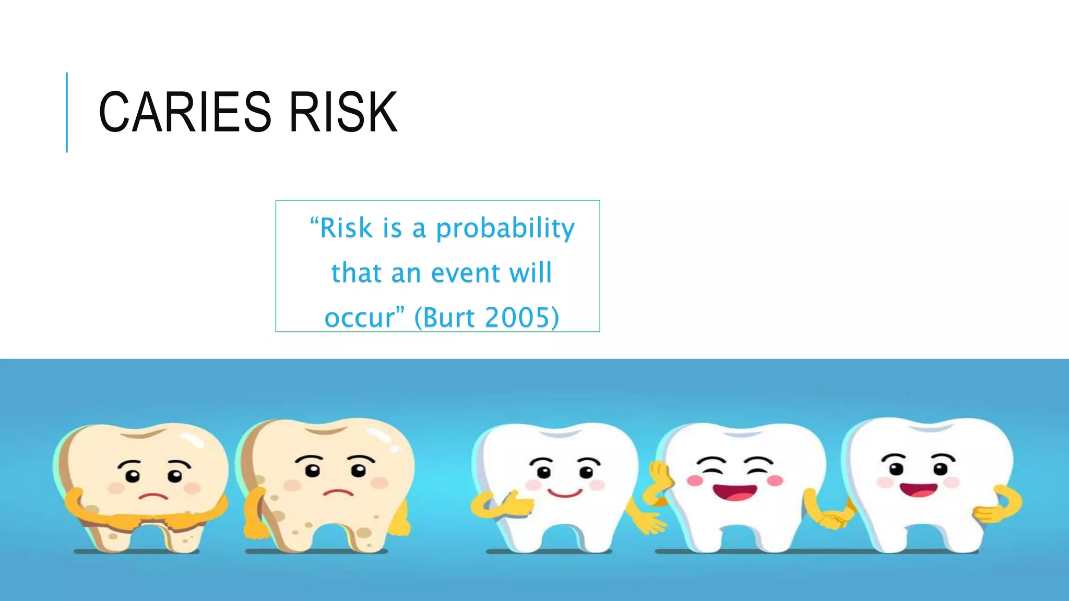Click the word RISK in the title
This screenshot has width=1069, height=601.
coord(343,112)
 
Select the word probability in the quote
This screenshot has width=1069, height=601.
coord(505,229)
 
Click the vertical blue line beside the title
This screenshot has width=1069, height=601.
coord(67,112)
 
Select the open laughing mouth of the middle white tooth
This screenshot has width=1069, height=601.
coord(734,492)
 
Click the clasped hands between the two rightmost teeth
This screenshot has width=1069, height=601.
coord(833,520)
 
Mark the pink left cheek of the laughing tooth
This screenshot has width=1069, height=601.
coord(695,480)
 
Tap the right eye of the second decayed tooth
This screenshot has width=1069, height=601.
coord(358,470)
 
